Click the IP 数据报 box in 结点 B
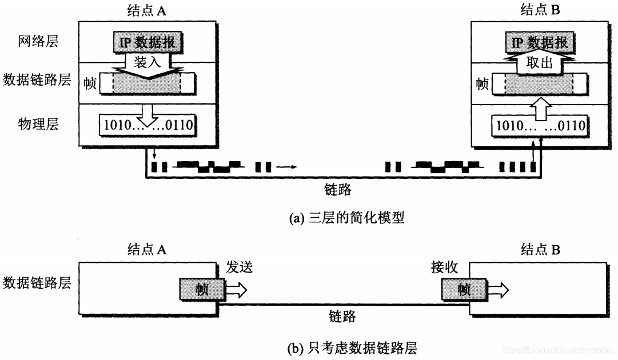[x=540, y=42]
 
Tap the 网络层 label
[x=38, y=42]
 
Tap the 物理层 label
[x=38, y=124]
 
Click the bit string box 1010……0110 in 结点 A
[x=147, y=124]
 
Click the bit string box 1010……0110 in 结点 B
[x=540, y=124]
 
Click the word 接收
[x=444, y=267]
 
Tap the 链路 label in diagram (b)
[x=342, y=317]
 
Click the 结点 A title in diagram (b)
[x=146, y=250]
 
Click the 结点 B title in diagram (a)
[x=540, y=10]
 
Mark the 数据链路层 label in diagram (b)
[x=38, y=282]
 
